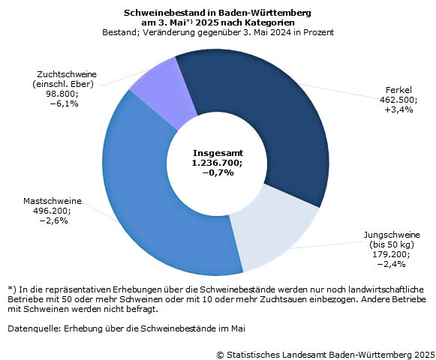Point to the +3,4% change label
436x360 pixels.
coord(398,109)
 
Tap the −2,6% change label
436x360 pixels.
coord(54,220)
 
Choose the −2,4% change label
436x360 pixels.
coord(391,264)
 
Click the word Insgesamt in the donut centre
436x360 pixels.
coord(218,153)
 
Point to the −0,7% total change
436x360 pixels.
coord(218,172)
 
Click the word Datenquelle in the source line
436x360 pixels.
coord(32,328)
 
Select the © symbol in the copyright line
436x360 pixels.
coord(220,355)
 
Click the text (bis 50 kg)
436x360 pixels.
coord(392,244)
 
